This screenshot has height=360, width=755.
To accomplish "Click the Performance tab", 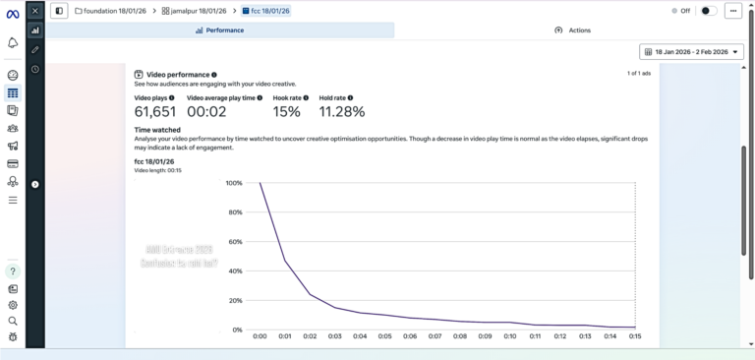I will click(220, 30).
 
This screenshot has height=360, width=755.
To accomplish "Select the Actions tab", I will click(573, 30).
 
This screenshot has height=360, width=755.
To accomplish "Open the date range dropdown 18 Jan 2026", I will click(691, 52).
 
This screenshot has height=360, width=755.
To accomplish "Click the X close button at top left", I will click(35, 11).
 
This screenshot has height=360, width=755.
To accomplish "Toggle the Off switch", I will click(708, 11).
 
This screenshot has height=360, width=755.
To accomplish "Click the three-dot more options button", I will click(733, 11).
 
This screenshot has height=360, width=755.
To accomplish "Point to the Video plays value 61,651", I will click(154, 112).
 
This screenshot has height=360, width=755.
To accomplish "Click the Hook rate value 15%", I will click(286, 112).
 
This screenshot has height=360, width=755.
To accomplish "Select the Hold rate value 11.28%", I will click(342, 112).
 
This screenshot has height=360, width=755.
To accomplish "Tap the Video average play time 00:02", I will click(206, 112).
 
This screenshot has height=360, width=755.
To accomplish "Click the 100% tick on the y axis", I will click(233, 183).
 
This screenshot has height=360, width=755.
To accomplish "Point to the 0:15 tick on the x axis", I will click(635, 336).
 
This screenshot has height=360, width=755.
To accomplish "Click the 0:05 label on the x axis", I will click(384, 336).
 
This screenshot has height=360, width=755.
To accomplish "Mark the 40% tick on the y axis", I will click(235, 271).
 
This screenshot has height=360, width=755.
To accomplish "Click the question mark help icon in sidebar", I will click(13, 271).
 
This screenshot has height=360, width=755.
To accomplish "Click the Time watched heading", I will click(157, 130).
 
